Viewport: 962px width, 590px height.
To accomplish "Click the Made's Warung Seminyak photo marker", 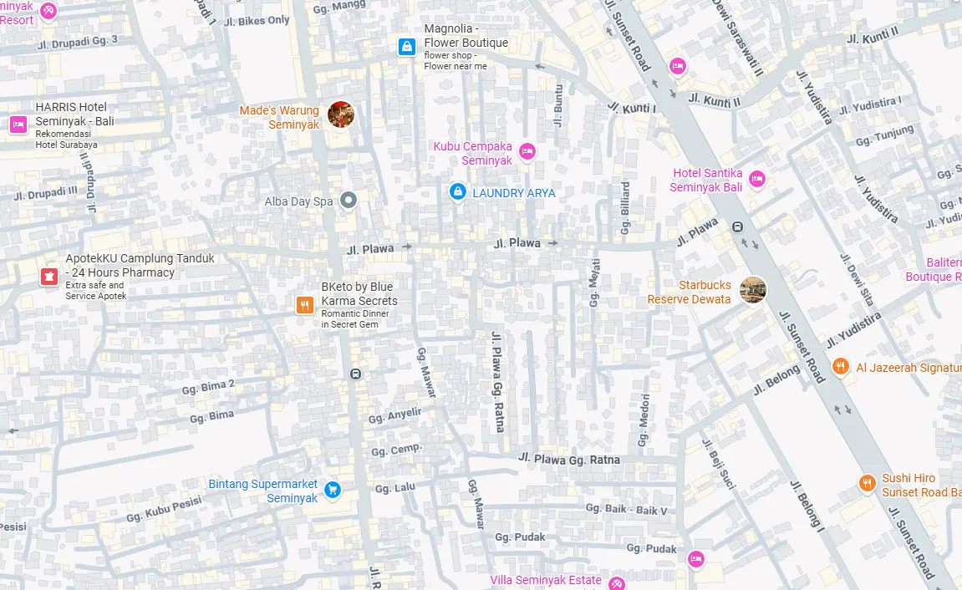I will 341,114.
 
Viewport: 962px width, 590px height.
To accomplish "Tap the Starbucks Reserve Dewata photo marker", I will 752,290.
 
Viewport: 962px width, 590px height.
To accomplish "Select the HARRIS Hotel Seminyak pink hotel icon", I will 18,125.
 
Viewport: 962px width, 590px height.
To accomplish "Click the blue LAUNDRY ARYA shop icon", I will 457,192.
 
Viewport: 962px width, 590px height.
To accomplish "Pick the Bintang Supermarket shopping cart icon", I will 333,490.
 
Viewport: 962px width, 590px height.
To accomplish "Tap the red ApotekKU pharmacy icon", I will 49,277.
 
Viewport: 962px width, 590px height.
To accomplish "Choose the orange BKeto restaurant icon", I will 304,306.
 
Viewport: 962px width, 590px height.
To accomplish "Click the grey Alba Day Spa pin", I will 349,200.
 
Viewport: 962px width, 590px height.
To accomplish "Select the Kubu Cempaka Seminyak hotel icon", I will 527,151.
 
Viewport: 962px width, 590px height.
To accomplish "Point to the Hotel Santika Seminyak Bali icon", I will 757,178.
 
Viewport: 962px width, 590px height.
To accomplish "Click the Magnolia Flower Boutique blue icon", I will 406,47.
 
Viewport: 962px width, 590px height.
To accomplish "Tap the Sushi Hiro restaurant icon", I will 868,483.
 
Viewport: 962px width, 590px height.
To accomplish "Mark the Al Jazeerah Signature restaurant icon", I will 841,366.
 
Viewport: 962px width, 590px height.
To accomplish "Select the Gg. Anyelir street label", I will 395,415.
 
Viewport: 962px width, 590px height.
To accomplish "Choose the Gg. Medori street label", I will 644,417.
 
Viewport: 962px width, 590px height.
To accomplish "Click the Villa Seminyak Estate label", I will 546,580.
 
